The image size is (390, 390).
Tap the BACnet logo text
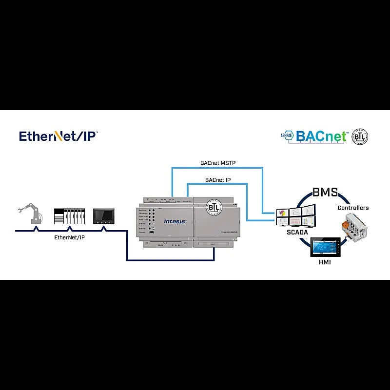(321, 136)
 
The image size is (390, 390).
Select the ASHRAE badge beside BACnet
(286, 136)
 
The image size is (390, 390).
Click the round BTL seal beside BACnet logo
(360, 136)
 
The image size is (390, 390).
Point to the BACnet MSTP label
(218, 163)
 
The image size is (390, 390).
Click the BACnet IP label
(218, 180)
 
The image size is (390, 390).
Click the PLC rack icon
(69, 216)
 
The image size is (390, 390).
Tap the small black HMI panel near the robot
(103, 216)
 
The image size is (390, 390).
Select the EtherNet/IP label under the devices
(69, 237)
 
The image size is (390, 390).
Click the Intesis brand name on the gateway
(175, 221)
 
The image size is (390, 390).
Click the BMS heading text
(325, 192)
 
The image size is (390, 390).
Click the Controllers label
(353, 208)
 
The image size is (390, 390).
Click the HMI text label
(325, 263)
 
